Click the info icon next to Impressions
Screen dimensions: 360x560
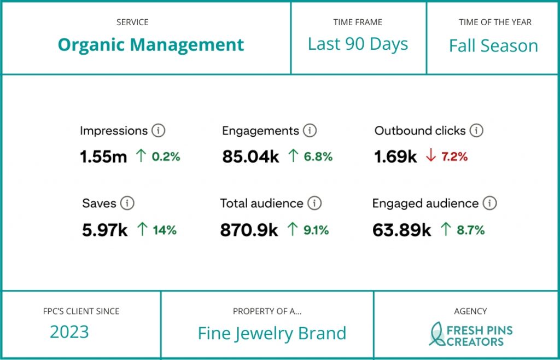158,131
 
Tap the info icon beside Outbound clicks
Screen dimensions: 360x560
476,131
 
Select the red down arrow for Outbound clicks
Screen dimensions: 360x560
430,156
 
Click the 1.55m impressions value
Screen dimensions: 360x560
103,157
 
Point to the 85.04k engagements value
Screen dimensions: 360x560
250,157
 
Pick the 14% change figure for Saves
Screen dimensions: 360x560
165,230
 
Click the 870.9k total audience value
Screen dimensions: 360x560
249,230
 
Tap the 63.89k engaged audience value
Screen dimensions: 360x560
402,230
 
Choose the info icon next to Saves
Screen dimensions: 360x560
127,204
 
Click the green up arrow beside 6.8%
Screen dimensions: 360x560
293,156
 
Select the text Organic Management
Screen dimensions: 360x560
151,44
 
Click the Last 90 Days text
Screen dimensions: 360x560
358,44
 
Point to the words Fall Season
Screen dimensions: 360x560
493,45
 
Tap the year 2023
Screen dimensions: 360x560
69,332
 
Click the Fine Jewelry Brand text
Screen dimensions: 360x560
272,333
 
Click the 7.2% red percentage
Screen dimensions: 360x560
454,157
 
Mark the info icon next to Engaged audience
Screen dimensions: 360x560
489,204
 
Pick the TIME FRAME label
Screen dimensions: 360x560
358,22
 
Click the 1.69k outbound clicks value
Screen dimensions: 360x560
395,157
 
